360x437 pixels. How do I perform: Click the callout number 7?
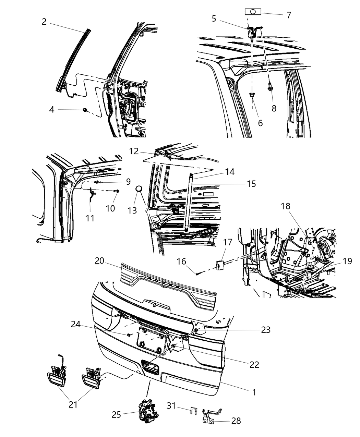[x=289, y=15]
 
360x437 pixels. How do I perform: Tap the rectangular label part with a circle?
[x=253, y=12]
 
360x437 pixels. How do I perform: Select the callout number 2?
[x=44, y=22]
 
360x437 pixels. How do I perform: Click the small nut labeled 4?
[x=85, y=110]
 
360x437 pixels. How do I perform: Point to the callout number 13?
[x=132, y=210]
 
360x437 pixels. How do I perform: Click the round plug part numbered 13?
[x=139, y=189]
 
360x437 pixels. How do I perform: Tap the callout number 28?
[x=236, y=421]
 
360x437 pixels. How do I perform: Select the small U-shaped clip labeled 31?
[x=194, y=411]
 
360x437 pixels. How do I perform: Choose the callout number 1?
[x=254, y=392]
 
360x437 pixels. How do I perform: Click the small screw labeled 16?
[x=199, y=273]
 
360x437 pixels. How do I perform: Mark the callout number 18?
[x=286, y=206]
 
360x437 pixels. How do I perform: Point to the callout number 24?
[x=76, y=324]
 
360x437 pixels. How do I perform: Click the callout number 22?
[x=254, y=364]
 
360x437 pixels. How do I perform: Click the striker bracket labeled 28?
[x=211, y=416]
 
